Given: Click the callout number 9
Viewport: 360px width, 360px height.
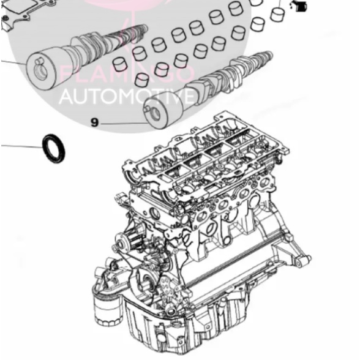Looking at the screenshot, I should tap(94, 122).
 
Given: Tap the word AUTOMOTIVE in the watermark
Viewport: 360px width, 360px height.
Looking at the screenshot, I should tap(128, 97).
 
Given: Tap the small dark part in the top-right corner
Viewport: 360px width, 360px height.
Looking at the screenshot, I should tap(299, 7).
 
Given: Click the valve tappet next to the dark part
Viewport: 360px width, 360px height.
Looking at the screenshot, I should tap(279, 12).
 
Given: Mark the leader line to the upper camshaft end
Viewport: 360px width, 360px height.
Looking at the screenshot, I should tap(12, 62).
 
